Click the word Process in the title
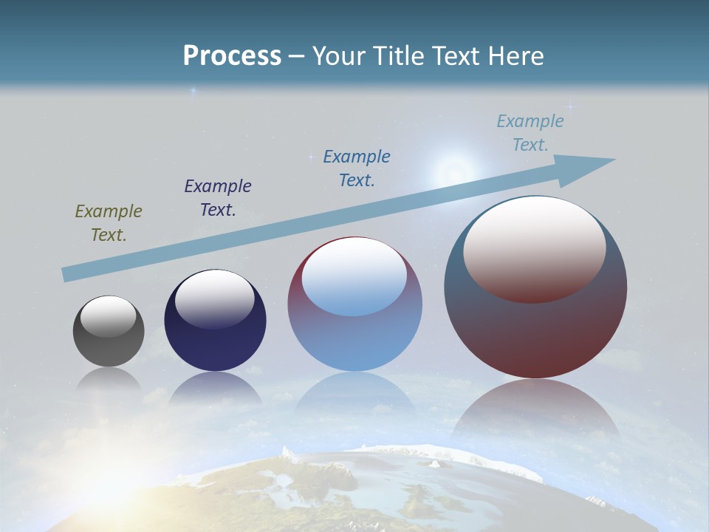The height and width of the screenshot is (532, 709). click(x=232, y=56)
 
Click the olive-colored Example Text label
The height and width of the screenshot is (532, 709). click(x=109, y=223)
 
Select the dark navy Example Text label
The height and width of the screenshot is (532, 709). click(x=218, y=198)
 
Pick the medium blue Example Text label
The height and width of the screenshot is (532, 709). click(x=357, y=168)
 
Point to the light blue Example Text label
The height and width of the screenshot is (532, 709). click(x=530, y=133)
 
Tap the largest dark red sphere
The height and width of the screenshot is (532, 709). click(x=535, y=332)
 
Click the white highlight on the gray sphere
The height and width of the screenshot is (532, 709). click(x=109, y=316)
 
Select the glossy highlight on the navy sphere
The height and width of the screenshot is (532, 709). click(x=215, y=298)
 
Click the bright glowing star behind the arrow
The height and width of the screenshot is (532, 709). click(x=450, y=173)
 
